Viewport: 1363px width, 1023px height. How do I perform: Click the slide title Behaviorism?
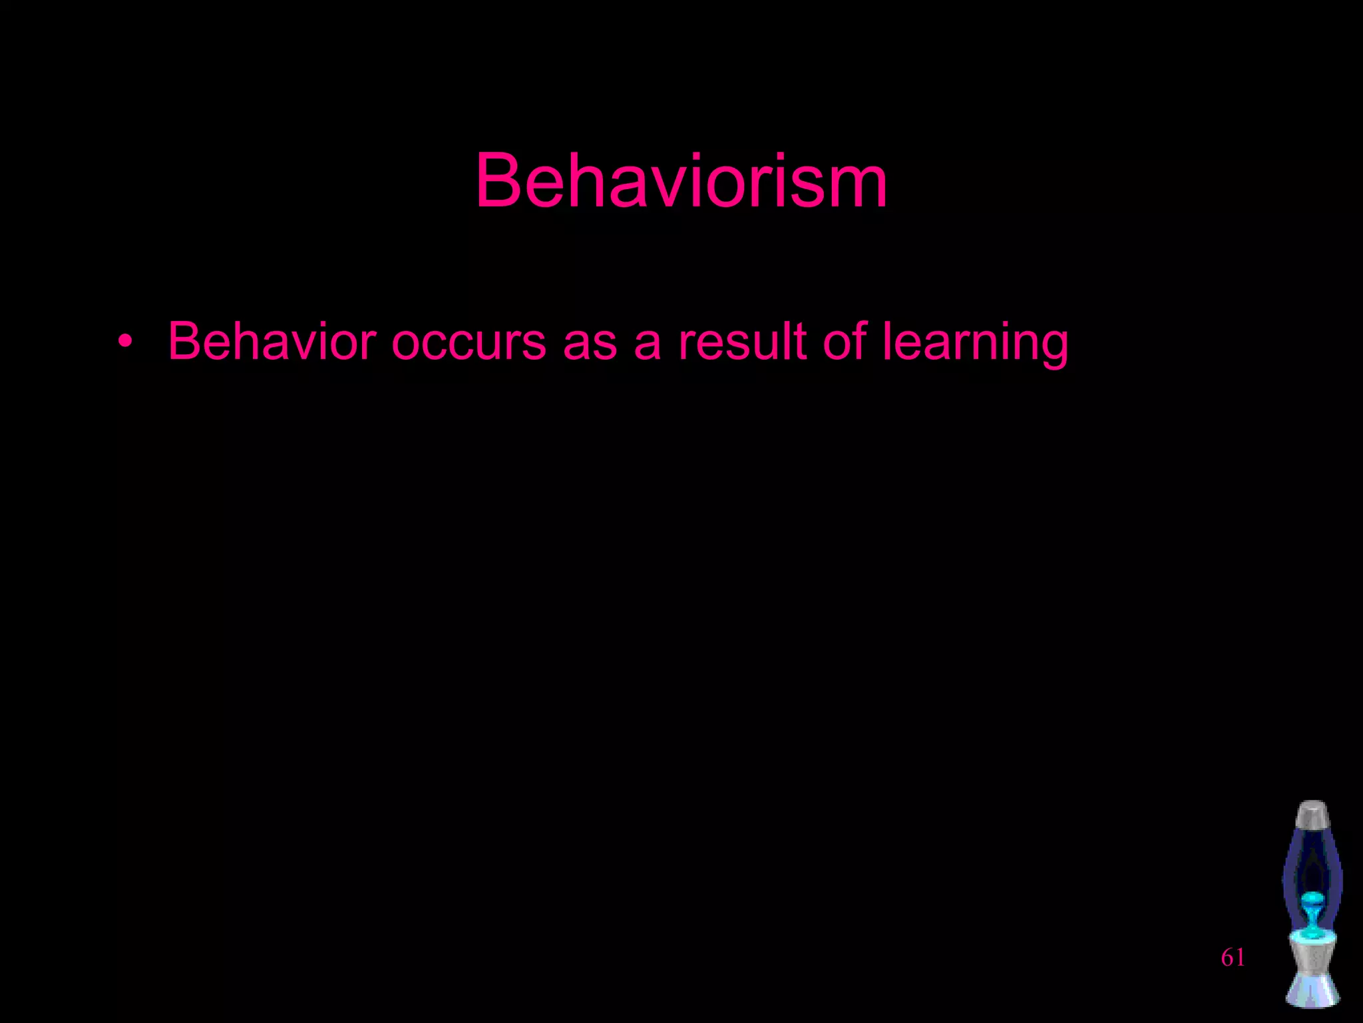click(x=681, y=181)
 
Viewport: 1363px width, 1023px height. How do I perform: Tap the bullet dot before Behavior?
click(x=124, y=342)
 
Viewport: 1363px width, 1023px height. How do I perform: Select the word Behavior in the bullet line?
click(x=272, y=341)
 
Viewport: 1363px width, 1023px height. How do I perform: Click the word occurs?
click(x=469, y=342)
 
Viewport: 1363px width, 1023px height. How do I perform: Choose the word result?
click(x=742, y=341)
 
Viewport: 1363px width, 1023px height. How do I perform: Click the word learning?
click(x=975, y=342)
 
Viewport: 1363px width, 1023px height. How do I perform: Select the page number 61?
click(x=1233, y=958)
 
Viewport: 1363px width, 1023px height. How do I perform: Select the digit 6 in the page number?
click(x=1227, y=958)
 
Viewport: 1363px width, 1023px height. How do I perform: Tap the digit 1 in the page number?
click(x=1239, y=958)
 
